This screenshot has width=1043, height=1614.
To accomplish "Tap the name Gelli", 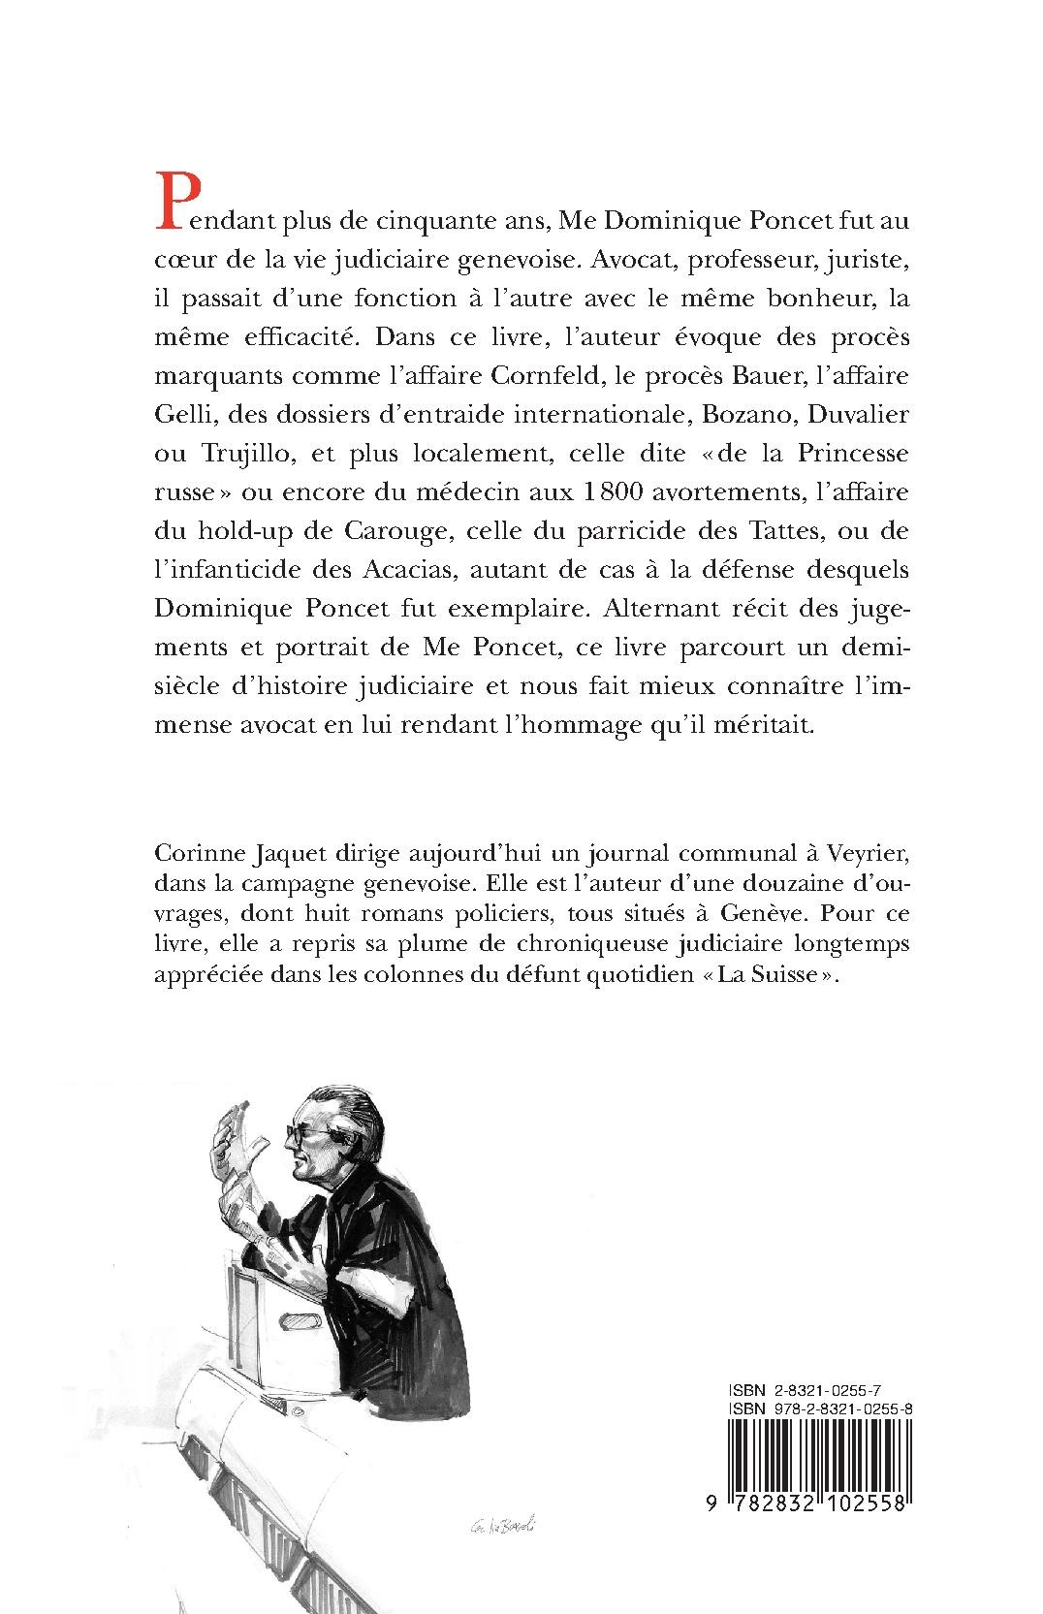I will pyautogui.click(x=179, y=414).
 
